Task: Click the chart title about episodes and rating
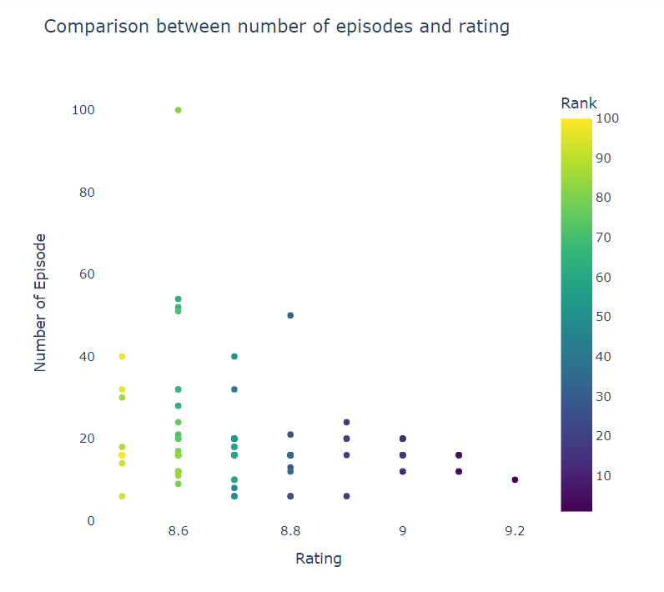pos(276,27)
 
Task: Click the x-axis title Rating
pos(319,559)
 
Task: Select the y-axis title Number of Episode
pos(40,302)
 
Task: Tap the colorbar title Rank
pos(578,103)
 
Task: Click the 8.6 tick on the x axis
pos(178,531)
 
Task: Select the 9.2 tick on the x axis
pos(515,531)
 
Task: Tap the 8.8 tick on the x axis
pos(290,531)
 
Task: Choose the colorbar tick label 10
pos(606,475)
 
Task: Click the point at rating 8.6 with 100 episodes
pos(179,110)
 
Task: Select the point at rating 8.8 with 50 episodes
pos(290,315)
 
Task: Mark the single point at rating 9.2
pos(515,479)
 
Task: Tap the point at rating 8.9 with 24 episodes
pos(346,422)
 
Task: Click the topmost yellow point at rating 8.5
pos(122,356)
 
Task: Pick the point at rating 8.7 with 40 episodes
pos(234,356)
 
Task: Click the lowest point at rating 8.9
pos(346,496)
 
